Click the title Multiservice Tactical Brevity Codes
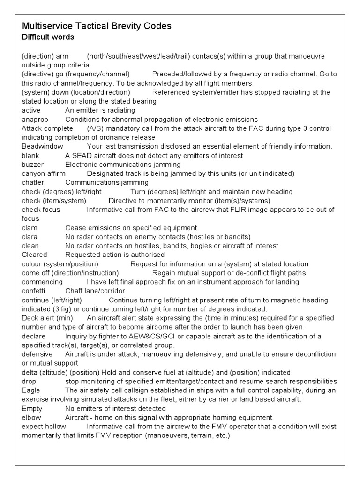[x=97, y=26]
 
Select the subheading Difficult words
[x=48, y=37]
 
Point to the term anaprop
[x=35, y=119]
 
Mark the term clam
[x=30, y=228]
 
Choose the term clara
[x=30, y=237]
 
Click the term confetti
[x=33, y=291]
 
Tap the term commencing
[x=42, y=282]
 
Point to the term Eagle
[x=31, y=390]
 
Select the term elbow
[x=31, y=418]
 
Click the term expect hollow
[x=44, y=427]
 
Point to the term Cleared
[x=35, y=255]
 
